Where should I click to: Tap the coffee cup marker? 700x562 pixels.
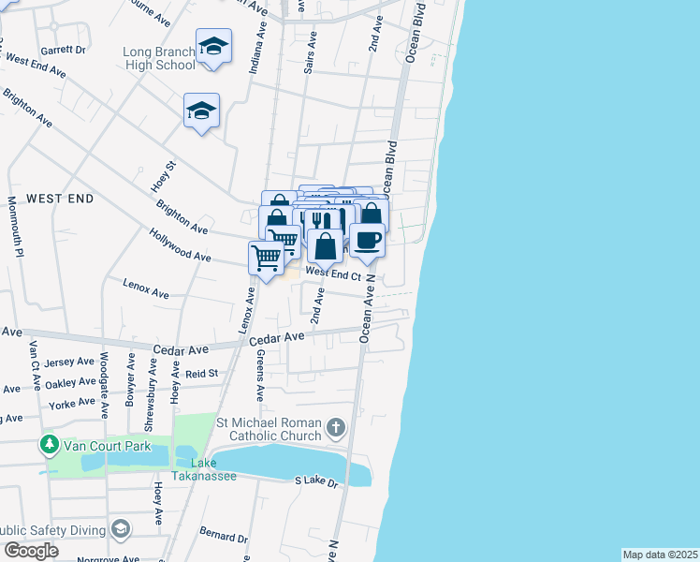point(367,240)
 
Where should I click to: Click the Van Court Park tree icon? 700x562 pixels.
point(48,445)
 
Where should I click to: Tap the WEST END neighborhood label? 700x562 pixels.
point(60,199)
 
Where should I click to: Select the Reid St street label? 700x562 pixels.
point(201,373)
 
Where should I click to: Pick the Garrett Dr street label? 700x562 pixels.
point(64,50)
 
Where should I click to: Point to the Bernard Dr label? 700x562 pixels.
point(224,536)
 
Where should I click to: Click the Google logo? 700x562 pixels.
point(31,550)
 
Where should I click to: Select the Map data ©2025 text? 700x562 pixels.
point(660,555)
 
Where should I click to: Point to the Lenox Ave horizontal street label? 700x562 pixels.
point(146,286)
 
